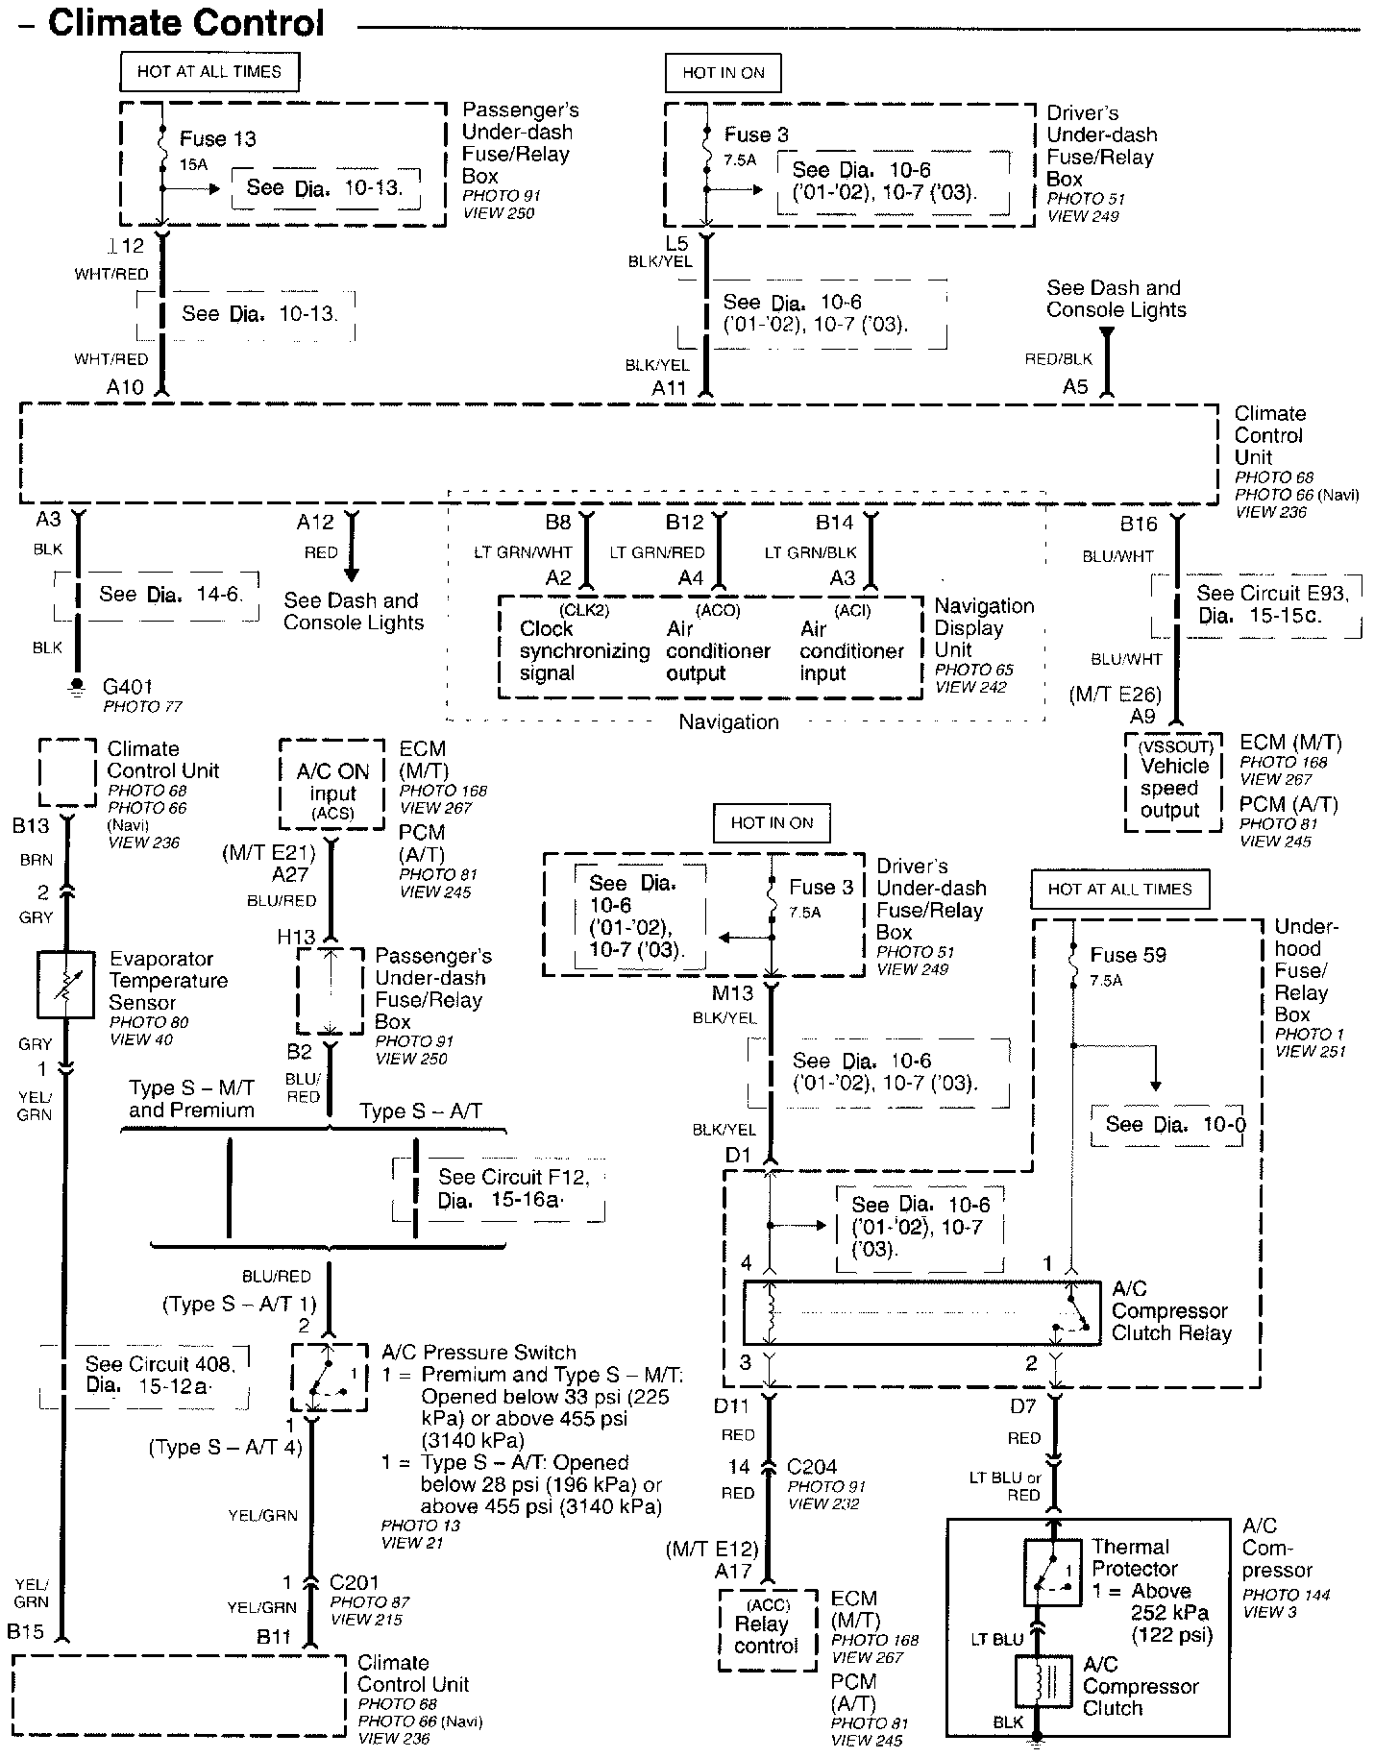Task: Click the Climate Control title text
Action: (x=186, y=23)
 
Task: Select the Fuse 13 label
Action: (x=217, y=139)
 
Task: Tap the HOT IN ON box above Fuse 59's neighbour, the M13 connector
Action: (x=771, y=822)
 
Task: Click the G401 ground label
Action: (x=128, y=687)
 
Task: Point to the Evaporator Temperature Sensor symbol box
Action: (x=65, y=985)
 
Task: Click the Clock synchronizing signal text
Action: (x=584, y=651)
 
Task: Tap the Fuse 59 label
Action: (x=1127, y=955)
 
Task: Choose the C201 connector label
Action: (x=354, y=1582)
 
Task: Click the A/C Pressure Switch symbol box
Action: (x=329, y=1379)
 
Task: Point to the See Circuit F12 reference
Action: (x=513, y=1188)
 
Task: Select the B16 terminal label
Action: (x=1139, y=525)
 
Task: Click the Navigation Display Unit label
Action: (x=984, y=628)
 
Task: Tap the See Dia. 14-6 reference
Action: (x=169, y=595)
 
